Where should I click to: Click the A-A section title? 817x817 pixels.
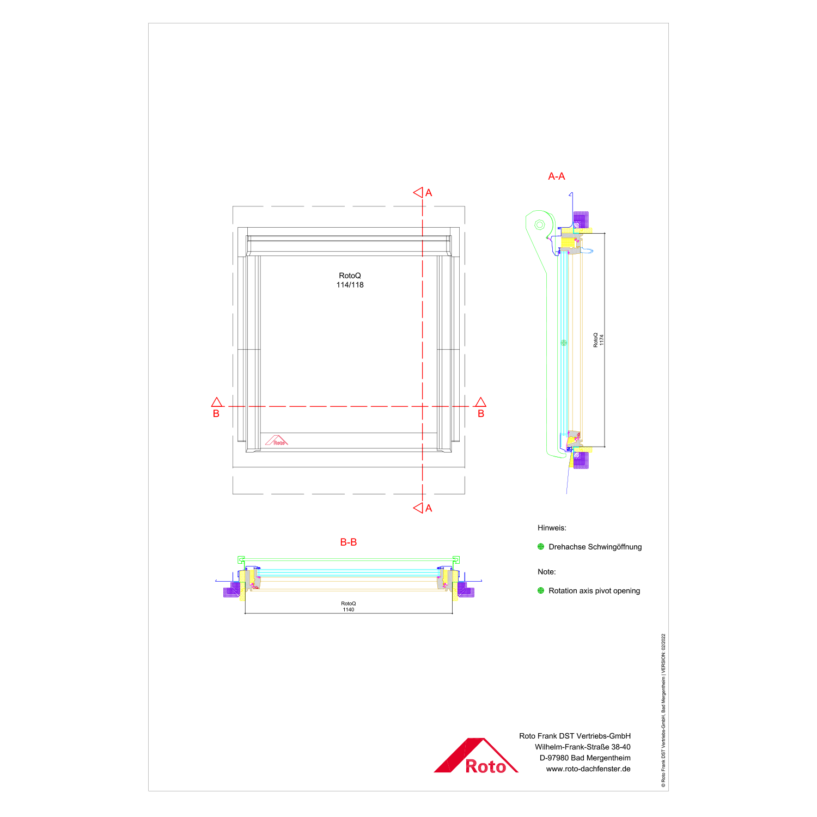coord(556,176)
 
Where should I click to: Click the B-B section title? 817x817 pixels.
coord(348,542)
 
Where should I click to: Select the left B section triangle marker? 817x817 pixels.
coord(217,403)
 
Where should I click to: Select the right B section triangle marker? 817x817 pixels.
coord(480,403)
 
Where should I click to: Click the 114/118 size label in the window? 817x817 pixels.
coord(350,285)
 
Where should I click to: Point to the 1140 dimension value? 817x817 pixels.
coord(349,609)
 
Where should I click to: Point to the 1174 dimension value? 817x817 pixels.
coord(602,340)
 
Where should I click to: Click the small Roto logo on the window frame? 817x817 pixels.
coord(276,441)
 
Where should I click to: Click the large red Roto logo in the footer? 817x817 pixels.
coord(475,757)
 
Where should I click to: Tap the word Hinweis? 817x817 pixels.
coord(552,528)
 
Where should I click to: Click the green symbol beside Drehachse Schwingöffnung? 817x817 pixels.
coord(541,547)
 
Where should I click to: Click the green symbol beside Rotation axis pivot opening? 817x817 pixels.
coord(541,590)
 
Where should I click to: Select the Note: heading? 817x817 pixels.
coord(547,572)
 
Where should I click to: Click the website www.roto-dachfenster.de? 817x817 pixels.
coord(588,769)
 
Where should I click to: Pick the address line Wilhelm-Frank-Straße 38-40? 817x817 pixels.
coord(582,747)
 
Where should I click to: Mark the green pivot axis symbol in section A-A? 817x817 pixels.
coord(564,343)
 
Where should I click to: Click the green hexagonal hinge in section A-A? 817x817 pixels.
coord(539,224)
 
